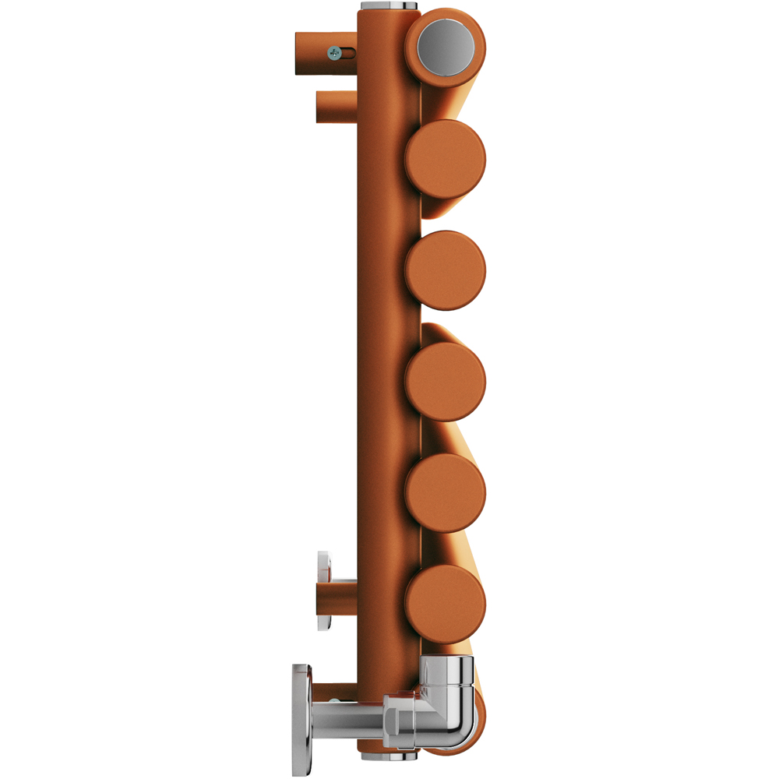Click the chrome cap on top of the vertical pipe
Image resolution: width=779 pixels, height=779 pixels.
388,6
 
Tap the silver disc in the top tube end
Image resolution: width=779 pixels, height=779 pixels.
446,47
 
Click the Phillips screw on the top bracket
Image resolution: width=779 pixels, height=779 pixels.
334,53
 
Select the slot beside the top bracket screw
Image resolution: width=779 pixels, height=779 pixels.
350,53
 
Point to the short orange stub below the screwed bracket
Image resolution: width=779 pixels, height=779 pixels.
335,108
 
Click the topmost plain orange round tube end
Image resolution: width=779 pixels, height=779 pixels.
446,159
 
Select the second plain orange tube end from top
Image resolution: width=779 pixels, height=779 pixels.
446,270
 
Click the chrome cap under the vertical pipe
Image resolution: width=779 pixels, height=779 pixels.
388,755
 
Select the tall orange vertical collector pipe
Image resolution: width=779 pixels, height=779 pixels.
388,351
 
